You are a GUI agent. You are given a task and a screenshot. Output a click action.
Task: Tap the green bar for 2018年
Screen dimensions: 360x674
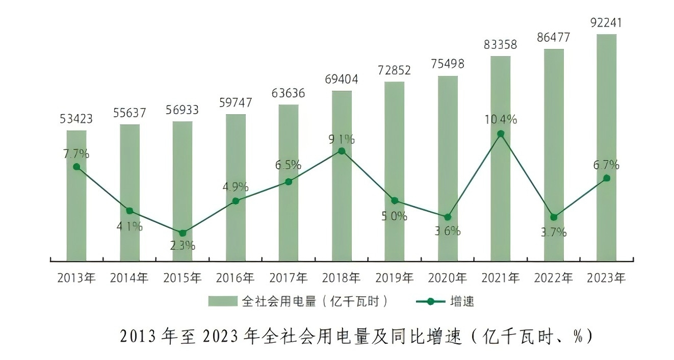(x=342, y=204)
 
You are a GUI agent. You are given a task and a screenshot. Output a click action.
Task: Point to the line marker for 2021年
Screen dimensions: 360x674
(x=501, y=134)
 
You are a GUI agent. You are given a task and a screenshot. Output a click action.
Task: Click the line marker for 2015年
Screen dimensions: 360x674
(x=183, y=233)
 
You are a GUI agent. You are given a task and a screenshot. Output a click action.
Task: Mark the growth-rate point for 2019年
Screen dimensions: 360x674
(x=395, y=200)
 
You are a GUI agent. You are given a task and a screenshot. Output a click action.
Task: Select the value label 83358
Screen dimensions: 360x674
(x=500, y=44)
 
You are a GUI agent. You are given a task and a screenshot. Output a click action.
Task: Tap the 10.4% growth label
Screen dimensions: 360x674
(x=500, y=120)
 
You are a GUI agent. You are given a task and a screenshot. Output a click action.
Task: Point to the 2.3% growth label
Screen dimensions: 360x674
(x=183, y=245)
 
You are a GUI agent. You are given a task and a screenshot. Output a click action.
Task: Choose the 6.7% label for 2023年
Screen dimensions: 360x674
(x=606, y=165)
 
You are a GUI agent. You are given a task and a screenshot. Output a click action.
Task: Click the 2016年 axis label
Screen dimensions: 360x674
(x=236, y=278)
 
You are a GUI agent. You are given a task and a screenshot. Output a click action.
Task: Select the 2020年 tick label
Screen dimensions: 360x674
(x=447, y=278)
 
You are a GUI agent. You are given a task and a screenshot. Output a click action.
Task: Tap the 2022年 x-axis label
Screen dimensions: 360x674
(x=553, y=278)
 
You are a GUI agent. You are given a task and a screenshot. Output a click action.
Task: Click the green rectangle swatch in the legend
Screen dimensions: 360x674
(x=223, y=301)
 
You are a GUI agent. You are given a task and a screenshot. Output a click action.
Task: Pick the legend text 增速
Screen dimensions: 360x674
(x=462, y=301)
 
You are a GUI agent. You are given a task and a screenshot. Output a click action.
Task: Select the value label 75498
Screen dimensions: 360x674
(x=447, y=64)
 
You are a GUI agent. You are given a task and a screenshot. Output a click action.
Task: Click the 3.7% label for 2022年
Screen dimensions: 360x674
(x=554, y=233)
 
